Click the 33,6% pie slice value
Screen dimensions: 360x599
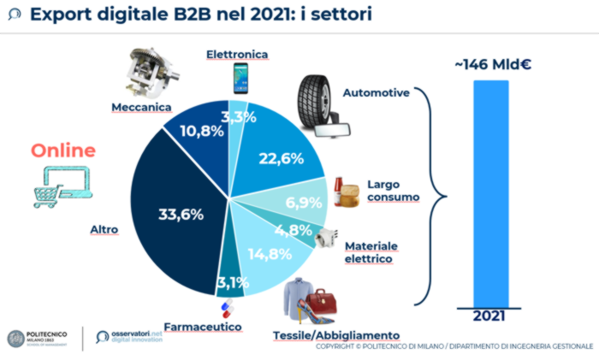181,215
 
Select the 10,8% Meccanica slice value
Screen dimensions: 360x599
203,133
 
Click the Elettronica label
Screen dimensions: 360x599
237,55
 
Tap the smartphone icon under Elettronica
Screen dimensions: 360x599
238,80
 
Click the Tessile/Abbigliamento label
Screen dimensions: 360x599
335,334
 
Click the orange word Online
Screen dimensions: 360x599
63,150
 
